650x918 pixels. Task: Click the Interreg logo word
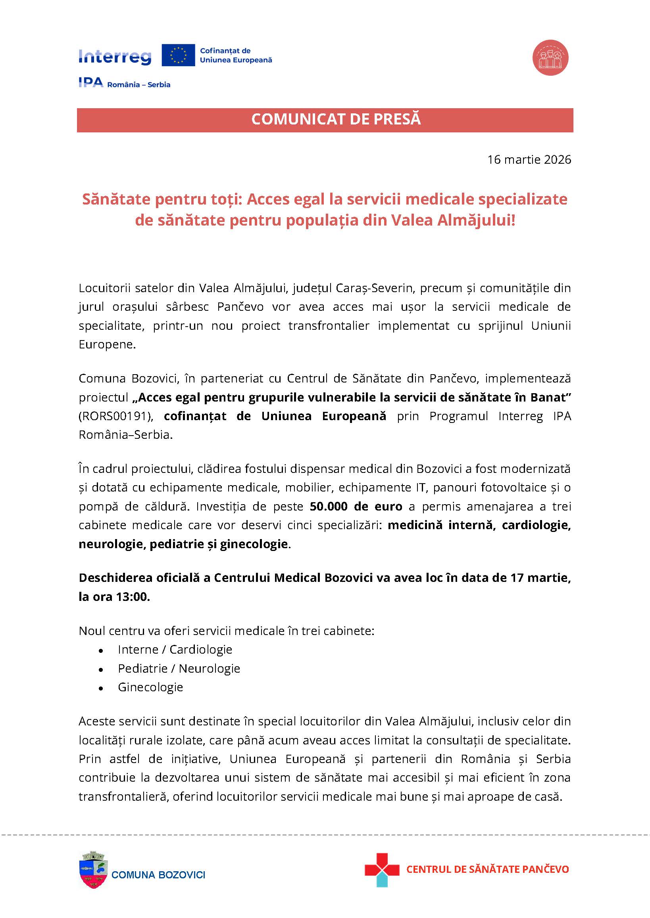(x=115, y=57)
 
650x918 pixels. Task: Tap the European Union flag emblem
(x=178, y=55)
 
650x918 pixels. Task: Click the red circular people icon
(x=550, y=57)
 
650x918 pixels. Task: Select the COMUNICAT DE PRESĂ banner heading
(x=336, y=120)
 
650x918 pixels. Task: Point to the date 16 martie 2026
(x=529, y=159)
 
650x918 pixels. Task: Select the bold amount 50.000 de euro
(x=356, y=507)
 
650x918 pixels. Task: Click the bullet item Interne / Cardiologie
(x=175, y=650)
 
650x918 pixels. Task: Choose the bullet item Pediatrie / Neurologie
(x=179, y=669)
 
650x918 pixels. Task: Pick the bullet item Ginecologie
(x=150, y=687)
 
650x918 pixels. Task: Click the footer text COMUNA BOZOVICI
(x=158, y=875)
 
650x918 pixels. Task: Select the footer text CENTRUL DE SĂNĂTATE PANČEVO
(x=487, y=869)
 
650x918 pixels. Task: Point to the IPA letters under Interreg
(x=91, y=83)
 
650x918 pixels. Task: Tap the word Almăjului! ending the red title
(x=476, y=221)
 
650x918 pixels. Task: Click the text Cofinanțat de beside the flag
(x=225, y=51)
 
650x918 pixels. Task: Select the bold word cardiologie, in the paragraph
(x=536, y=525)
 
